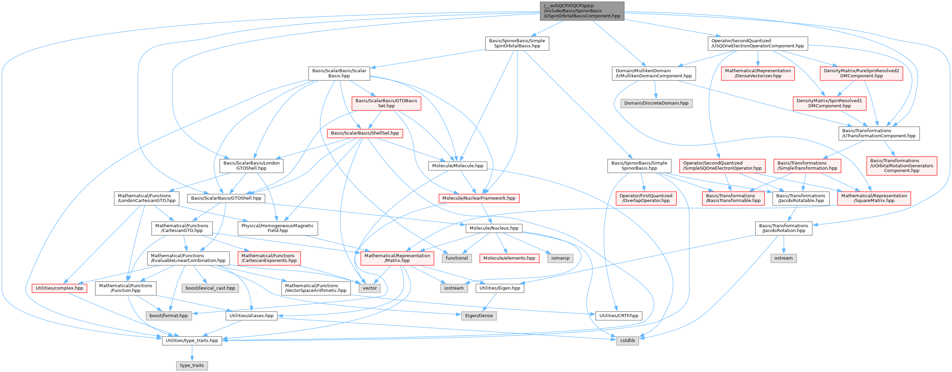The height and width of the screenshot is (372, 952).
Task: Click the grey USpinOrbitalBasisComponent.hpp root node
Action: click(582, 11)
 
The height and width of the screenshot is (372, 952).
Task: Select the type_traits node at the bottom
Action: click(192, 365)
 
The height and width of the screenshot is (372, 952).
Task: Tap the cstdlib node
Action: click(627, 341)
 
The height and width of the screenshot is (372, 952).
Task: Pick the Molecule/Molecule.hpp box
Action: click(457, 166)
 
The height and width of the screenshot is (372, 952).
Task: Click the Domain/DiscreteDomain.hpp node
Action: click(656, 103)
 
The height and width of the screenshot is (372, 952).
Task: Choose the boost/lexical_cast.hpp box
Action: click(210, 288)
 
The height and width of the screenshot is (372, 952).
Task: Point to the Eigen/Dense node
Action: click(479, 316)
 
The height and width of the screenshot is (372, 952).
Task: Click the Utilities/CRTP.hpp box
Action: click(618, 316)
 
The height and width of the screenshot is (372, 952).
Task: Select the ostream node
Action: click(783, 258)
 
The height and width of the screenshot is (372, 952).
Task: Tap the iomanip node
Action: click(560, 258)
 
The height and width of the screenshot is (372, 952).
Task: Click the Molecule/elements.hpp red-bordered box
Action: click(509, 258)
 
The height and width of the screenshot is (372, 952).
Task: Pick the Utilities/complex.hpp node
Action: click(59, 288)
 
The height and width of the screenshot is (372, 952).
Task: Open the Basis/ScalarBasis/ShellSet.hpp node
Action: click(365, 133)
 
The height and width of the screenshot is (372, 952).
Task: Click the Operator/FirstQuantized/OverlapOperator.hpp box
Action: click(646, 198)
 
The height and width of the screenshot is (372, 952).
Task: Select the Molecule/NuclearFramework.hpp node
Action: click(479, 198)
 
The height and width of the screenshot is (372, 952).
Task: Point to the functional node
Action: click(456, 258)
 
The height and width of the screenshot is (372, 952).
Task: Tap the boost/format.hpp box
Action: click(169, 316)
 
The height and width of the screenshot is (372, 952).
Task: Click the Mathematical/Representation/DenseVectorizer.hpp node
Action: click(758, 73)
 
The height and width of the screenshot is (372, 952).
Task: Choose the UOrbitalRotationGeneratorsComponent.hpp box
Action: click(901, 166)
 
